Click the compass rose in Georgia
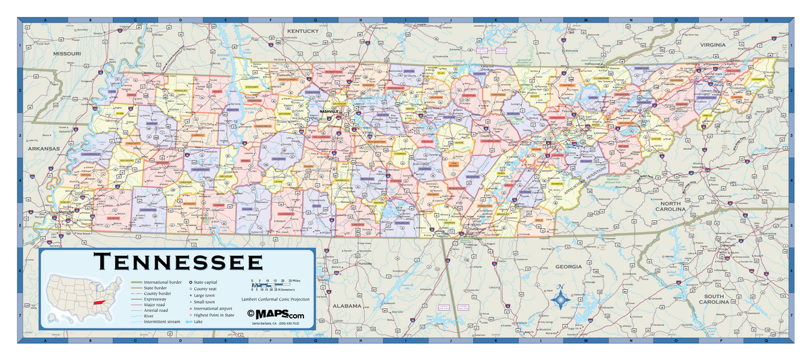click(x=560, y=298)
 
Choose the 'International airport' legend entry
click(x=215, y=308)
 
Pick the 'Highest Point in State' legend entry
click(x=215, y=315)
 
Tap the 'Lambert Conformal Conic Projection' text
click(x=275, y=299)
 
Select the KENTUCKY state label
click(x=301, y=31)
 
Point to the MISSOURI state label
click(x=68, y=53)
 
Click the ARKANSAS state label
click(x=44, y=148)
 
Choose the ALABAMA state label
click(x=347, y=305)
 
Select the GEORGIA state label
click(x=568, y=267)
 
